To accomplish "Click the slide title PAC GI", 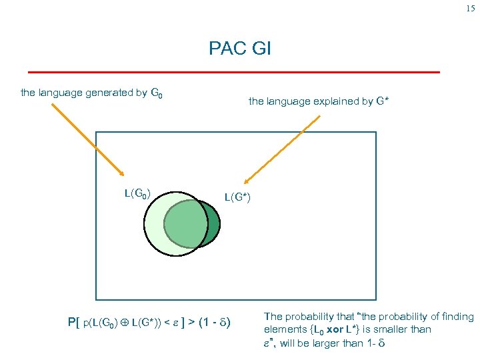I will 239,49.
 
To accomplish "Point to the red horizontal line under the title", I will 233,71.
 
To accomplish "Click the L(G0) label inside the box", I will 137,194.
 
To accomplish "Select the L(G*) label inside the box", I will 237,197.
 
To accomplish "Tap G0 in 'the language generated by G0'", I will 157,94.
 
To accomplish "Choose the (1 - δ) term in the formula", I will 213,323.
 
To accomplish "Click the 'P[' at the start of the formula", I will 74,323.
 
